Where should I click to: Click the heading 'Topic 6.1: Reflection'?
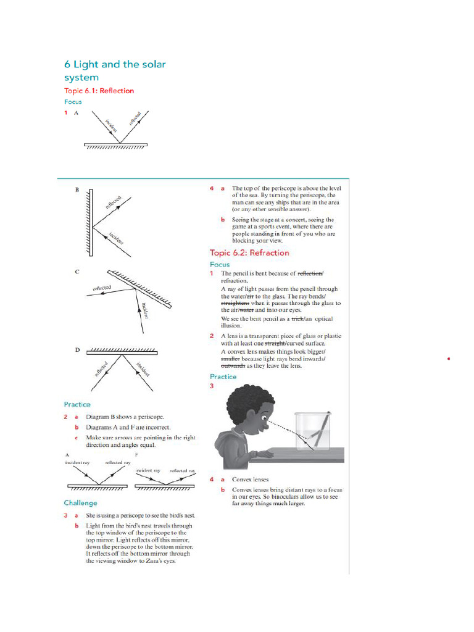point(99,91)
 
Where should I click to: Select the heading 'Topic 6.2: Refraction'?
point(249,252)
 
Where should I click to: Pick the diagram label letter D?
point(77,350)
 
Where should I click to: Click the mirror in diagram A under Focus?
point(116,146)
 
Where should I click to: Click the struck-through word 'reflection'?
point(310,273)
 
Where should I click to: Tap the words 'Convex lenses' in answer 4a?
point(250,479)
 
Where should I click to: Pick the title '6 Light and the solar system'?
point(115,70)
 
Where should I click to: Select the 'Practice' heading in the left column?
point(77,404)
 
